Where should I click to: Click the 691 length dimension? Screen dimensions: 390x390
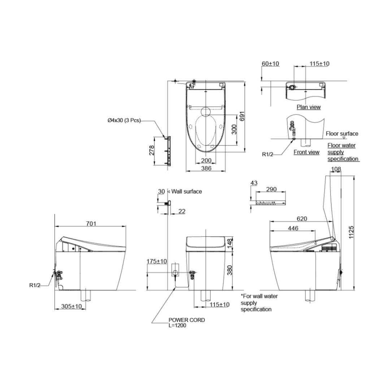pos(242,116)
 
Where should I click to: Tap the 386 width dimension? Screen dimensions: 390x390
pos(206,168)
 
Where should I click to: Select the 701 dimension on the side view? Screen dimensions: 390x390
pos(91,224)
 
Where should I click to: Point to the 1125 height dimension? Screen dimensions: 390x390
pos(351,232)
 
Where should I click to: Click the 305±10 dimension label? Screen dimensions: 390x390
pos(71,306)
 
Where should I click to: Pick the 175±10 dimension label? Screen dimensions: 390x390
pos(157,261)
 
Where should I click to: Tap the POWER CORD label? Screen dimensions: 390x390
pos(187,320)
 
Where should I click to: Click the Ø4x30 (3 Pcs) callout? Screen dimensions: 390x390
pos(124,120)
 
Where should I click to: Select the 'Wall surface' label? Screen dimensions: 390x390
pos(187,191)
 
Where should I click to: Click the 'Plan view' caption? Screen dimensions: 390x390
pos(309,107)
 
